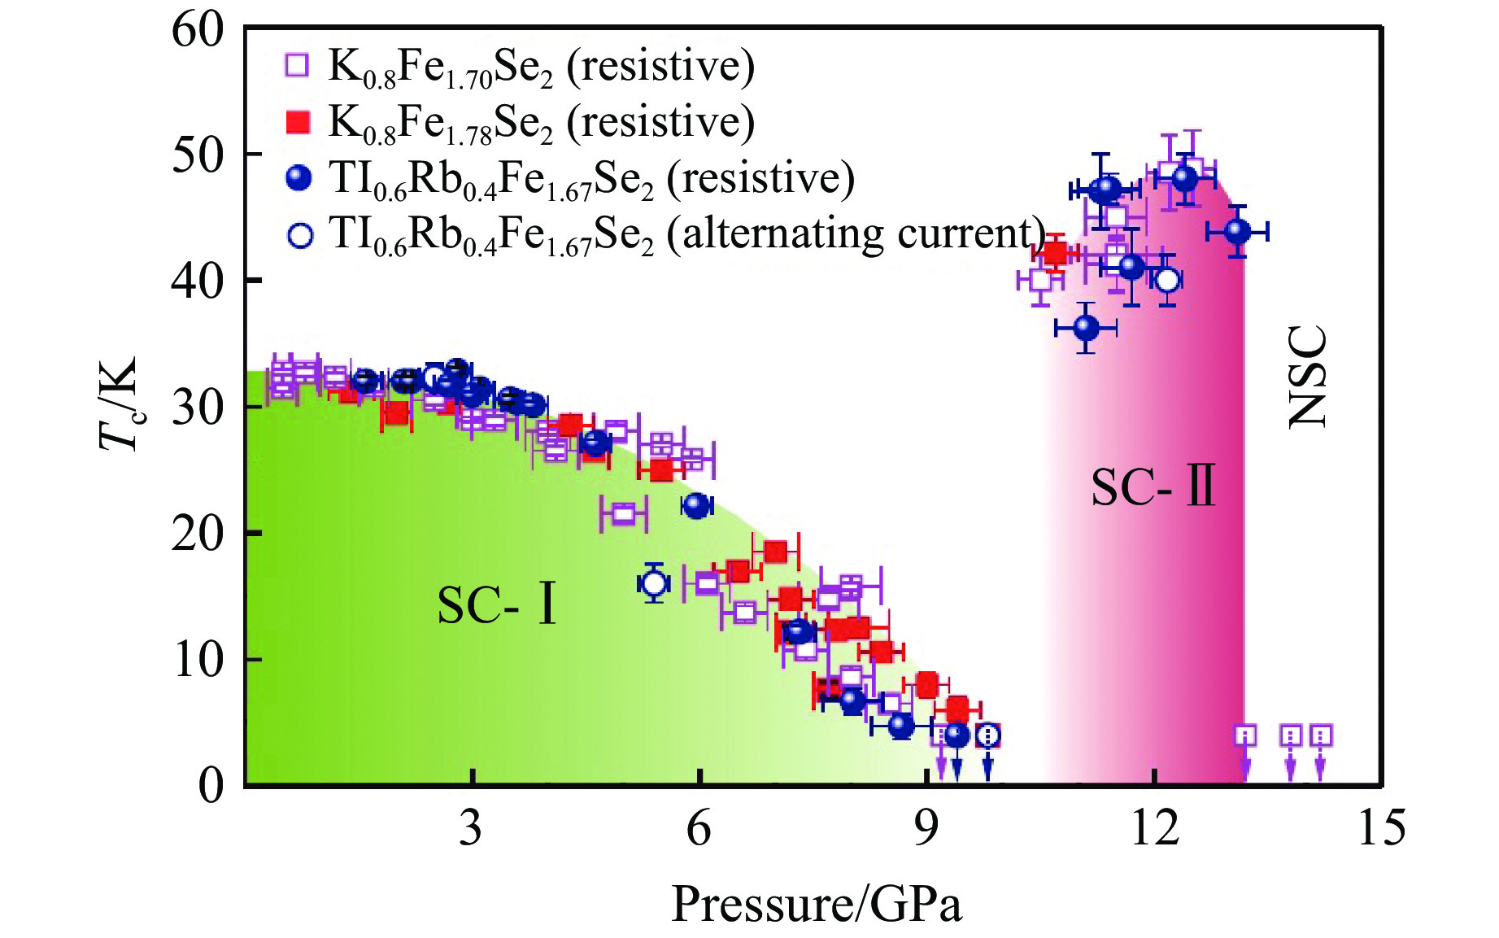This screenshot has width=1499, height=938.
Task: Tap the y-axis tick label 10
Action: (x=197, y=660)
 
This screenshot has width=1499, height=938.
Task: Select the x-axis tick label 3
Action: (x=470, y=828)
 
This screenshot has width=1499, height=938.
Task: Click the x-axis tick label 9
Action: (x=926, y=828)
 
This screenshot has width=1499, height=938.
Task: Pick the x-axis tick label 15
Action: (x=1381, y=828)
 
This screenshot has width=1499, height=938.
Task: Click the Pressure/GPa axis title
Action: (x=817, y=904)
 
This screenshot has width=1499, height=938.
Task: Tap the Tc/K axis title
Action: (x=119, y=404)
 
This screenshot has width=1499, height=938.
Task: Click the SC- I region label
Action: (x=497, y=605)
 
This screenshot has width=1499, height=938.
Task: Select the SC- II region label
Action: (x=1153, y=487)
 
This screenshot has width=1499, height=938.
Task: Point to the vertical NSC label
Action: (x=1308, y=377)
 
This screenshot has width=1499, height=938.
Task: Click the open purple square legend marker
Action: (x=298, y=65)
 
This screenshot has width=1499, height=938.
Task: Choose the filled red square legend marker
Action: (x=298, y=122)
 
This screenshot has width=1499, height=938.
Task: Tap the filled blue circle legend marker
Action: (x=299, y=178)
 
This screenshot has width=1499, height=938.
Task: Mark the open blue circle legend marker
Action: (x=300, y=235)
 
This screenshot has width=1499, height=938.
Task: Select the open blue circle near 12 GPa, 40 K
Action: (x=1167, y=280)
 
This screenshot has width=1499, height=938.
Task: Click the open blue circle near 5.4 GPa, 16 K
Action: (x=654, y=582)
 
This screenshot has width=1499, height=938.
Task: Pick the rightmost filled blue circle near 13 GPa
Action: (x=1237, y=232)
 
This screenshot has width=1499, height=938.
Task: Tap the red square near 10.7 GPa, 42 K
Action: (x=1055, y=253)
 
